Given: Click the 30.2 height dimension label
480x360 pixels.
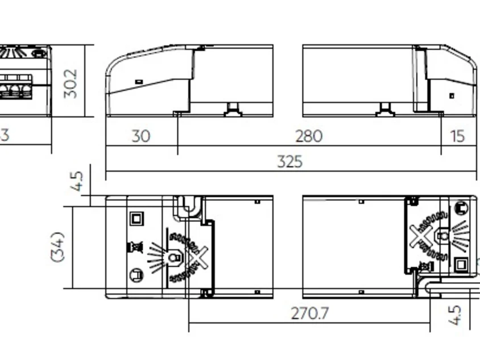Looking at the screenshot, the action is tap(71, 84).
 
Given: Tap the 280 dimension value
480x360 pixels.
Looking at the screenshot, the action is tap(309, 136).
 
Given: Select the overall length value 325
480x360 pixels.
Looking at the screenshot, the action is tap(290, 162).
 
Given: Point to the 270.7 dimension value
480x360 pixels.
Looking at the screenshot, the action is tap(310, 313).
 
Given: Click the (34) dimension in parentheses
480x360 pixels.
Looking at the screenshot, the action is tap(57, 247).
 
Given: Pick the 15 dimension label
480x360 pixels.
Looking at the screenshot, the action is tap(458, 136).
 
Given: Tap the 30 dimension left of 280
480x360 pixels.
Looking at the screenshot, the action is tap(141, 136).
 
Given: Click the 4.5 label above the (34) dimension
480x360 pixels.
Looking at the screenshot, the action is tap(77, 181).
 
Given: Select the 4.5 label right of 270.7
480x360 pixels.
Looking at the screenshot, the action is tap(454, 315).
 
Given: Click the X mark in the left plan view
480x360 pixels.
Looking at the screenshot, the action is tap(198, 258).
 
